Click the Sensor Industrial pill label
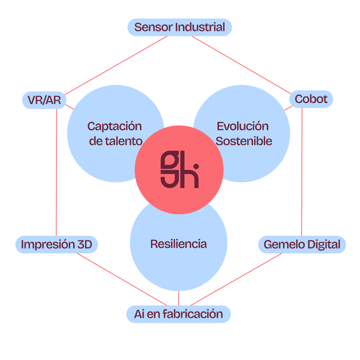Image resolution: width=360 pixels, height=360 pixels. (x=180, y=27)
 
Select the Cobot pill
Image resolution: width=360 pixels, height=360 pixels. (x=311, y=99)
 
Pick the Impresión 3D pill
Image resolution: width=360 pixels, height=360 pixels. (x=57, y=245)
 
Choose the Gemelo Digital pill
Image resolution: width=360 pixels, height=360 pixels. (x=302, y=245)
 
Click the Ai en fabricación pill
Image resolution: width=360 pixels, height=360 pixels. (x=178, y=314)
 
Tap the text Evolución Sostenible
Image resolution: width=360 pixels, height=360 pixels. (x=243, y=134)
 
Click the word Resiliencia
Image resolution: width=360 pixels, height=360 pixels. (x=178, y=244)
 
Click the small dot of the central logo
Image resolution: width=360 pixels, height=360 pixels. (x=196, y=166)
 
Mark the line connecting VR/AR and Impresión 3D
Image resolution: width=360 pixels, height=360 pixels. (x=57, y=173)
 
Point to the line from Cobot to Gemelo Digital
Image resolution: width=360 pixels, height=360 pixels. (x=302, y=173)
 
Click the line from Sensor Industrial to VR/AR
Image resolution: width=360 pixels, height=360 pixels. (x=115, y=65)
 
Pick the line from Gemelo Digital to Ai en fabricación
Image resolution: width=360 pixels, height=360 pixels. (x=236, y=279)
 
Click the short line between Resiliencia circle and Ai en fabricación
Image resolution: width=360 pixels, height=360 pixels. (x=179, y=298)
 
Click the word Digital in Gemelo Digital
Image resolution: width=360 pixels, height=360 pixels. (x=321, y=245)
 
